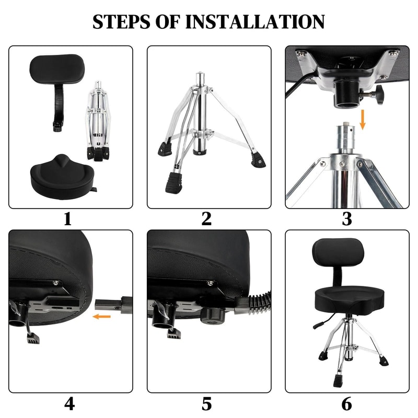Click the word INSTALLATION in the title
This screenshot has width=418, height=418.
tap(256, 21)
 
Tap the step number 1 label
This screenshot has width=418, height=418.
tap(67, 219)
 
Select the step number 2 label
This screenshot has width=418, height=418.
tap(207, 219)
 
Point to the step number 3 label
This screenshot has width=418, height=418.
tap(346, 219)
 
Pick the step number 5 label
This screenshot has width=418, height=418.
tap(207, 404)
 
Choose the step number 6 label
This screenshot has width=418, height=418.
tap(346, 404)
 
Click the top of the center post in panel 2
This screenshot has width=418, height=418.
tap(199, 76)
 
